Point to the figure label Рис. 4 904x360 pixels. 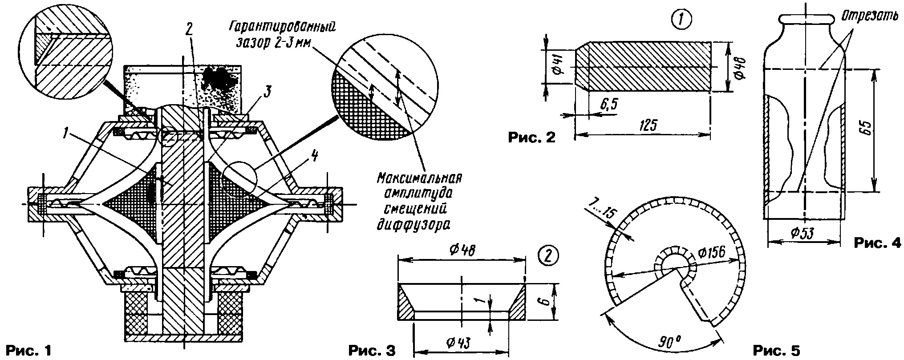pos(877,243)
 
